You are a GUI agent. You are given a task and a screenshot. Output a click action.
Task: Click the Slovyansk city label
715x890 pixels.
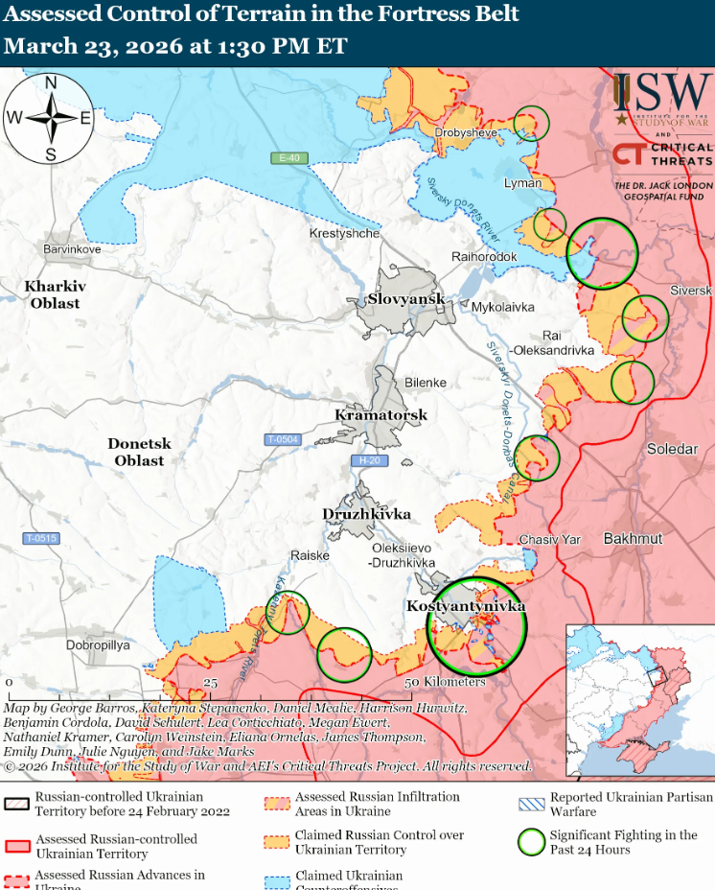[405, 299]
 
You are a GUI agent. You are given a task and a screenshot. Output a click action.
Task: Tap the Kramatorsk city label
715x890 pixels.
[380, 415]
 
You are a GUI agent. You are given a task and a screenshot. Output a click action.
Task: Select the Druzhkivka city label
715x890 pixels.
[366, 514]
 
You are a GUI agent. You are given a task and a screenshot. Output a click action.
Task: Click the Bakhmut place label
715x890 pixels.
[633, 539]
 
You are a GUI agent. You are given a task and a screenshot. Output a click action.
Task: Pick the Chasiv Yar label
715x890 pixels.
[549, 540]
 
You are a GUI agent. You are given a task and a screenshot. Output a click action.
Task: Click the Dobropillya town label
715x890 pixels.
[98, 645]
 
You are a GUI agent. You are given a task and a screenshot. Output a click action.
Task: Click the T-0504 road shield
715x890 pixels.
[283, 439]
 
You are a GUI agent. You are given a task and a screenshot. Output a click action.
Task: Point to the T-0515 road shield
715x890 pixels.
[42, 538]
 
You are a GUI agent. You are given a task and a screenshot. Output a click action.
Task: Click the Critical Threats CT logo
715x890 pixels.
[628, 154]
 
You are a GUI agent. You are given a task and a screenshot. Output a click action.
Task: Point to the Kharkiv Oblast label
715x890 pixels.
[55, 294]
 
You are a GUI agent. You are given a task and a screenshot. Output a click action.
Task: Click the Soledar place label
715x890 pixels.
[673, 449]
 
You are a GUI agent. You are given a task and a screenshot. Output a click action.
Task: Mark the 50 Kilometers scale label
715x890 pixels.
[447, 682]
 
